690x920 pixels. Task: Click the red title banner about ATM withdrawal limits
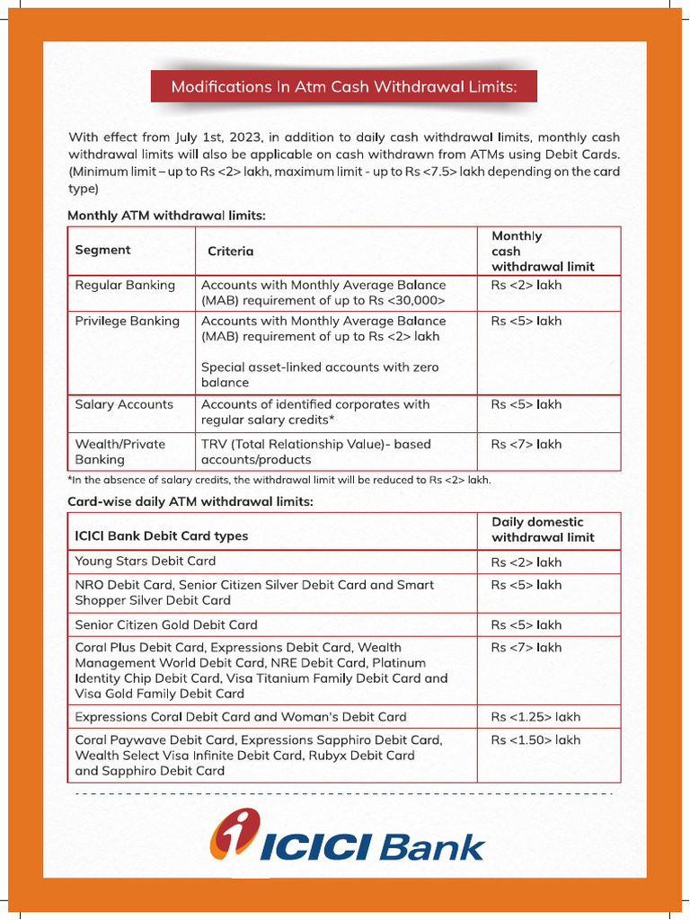[344, 87]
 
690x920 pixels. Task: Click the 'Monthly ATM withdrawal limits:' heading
[166, 216]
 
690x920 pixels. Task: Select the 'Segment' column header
[102, 250]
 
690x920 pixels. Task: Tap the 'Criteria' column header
[230, 252]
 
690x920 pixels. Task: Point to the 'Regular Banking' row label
[125, 285]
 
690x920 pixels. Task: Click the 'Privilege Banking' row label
[127, 321]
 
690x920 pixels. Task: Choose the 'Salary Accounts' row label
[124, 404]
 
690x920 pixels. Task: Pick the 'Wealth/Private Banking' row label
[119, 451]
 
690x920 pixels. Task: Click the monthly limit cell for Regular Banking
[526, 285]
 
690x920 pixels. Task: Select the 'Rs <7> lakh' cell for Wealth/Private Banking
[526, 444]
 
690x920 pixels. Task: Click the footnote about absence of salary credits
[279, 480]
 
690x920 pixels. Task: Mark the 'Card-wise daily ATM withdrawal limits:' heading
[190, 501]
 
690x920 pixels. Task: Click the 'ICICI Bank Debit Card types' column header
[162, 535]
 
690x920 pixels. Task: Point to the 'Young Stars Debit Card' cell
[146, 561]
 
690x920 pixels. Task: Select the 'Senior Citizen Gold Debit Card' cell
[166, 624]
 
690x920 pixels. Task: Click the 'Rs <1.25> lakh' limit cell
[535, 717]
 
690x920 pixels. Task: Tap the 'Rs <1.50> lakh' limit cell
[535, 740]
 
